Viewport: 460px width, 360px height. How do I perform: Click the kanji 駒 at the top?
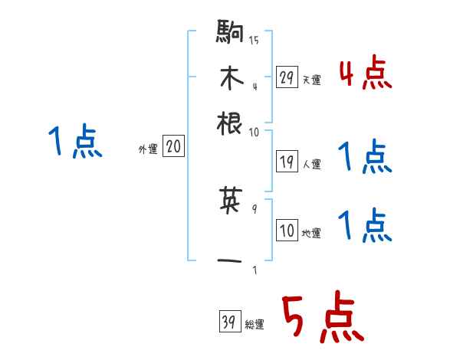coord(231,33)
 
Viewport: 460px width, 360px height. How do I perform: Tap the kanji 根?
coord(231,123)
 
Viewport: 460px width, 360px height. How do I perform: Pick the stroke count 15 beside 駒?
coord(254,40)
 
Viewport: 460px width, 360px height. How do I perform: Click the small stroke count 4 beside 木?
coord(254,85)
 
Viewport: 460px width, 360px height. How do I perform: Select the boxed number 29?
coord(287,77)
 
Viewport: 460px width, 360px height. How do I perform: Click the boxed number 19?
coord(287,161)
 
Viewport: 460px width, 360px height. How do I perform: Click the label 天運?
coord(311,80)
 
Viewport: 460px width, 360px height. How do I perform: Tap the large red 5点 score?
coord(320,318)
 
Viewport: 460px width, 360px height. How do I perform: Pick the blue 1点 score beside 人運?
coord(365,158)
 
